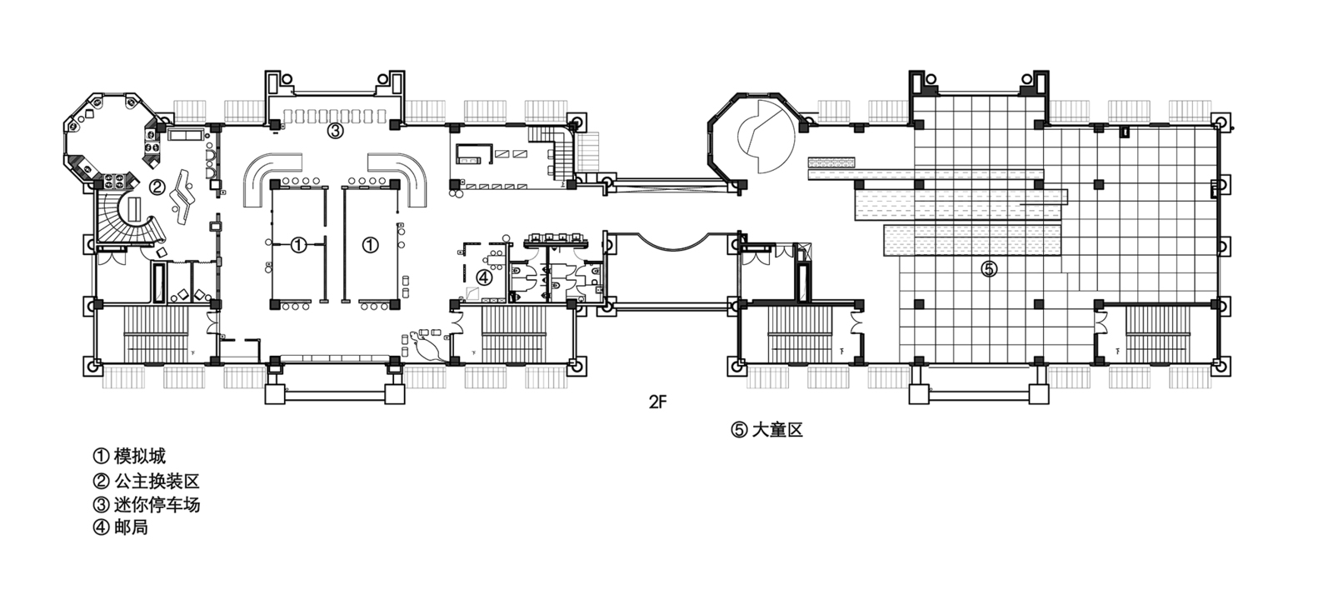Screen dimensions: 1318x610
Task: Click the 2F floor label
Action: [x=658, y=402]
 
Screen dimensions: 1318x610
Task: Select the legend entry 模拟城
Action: [x=130, y=456]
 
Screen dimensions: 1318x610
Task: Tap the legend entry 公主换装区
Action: [x=147, y=481]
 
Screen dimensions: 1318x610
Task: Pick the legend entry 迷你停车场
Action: [x=147, y=505]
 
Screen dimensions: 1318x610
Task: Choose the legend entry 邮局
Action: [x=121, y=527]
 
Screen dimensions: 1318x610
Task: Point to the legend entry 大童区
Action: [x=767, y=430]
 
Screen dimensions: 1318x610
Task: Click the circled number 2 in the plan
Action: [x=157, y=187]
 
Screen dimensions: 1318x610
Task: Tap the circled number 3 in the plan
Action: [x=335, y=131]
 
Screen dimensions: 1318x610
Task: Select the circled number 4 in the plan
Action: [x=483, y=277]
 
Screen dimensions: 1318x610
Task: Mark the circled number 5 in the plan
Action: [x=989, y=270]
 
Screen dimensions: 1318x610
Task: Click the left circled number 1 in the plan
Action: [x=298, y=245]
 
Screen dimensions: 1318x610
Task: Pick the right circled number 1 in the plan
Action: [x=370, y=245]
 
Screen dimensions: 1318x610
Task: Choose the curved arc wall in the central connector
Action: [x=671, y=242]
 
